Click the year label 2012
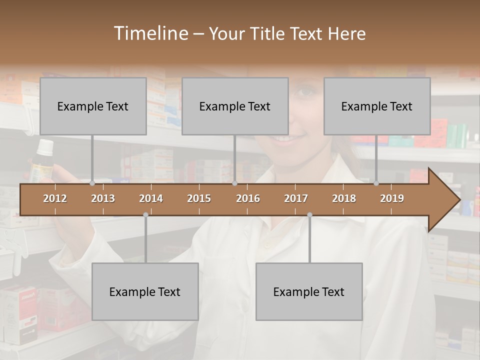click(x=55, y=198)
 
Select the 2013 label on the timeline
click(x=103, y=198)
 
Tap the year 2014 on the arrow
click(x=151, y=198)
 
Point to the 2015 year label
click(x=199, y=198)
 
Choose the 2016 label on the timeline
click(x=248, y=198)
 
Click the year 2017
click(x=296, y=198)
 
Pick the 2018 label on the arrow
click(x=344, y=198)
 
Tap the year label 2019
click(x=392, y=198)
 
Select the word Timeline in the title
click(x=150, y=33)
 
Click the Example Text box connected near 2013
click(x=93, y=106)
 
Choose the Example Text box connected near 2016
click(x=235, y=106)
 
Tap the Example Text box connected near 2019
click(x=377, y=106)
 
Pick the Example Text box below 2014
click(x=145, y=292)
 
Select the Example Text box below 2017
click(x=309, y=292)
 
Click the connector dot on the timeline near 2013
click(x=92, y=183)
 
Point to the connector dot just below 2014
click(x=145, y=215)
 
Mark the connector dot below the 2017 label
click(x=309, y=215)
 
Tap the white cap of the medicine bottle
click(x=45, y=146)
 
